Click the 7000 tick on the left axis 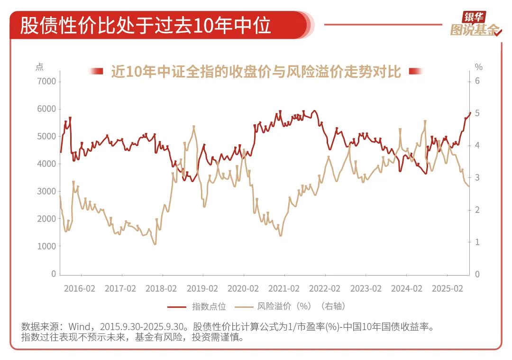[x=46, y=82]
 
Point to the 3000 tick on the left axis [x=46, y=192]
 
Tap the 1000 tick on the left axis [x=46, y=247]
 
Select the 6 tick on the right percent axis [x=477, y=82]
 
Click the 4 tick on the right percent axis [x=477, y=146]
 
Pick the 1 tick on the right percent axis [x=477, y=242]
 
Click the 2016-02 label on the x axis [x=79, y=288]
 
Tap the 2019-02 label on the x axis [x=202, y=288]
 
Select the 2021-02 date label [x=283, y=288]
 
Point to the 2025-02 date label [x=447, y=288]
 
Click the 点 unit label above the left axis [x=39, y=67]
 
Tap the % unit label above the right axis [x=478, y=67]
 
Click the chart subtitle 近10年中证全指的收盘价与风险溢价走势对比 [x=256, y=72]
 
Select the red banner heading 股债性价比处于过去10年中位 [x=146, y=25]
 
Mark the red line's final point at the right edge [x=470, y=113]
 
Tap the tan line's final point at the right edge [x=469, y=186]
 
